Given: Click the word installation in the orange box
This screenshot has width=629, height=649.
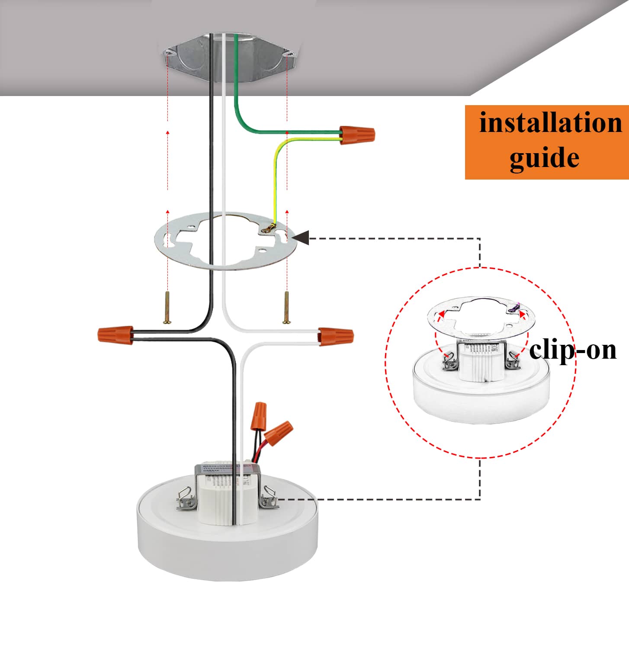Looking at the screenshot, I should tap(550, 123).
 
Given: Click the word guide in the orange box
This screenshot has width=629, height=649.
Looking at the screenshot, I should tap(544, 157).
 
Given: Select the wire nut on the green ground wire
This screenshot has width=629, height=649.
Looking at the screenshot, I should tap(357, 135).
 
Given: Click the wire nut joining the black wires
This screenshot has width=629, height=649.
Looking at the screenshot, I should tap(115, 334).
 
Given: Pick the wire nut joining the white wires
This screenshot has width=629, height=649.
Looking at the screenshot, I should tap(336, 336).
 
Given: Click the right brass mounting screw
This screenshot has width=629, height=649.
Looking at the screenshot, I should tap(286, 308).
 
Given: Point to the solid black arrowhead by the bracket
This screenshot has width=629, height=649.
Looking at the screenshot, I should tap(301, 237).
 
